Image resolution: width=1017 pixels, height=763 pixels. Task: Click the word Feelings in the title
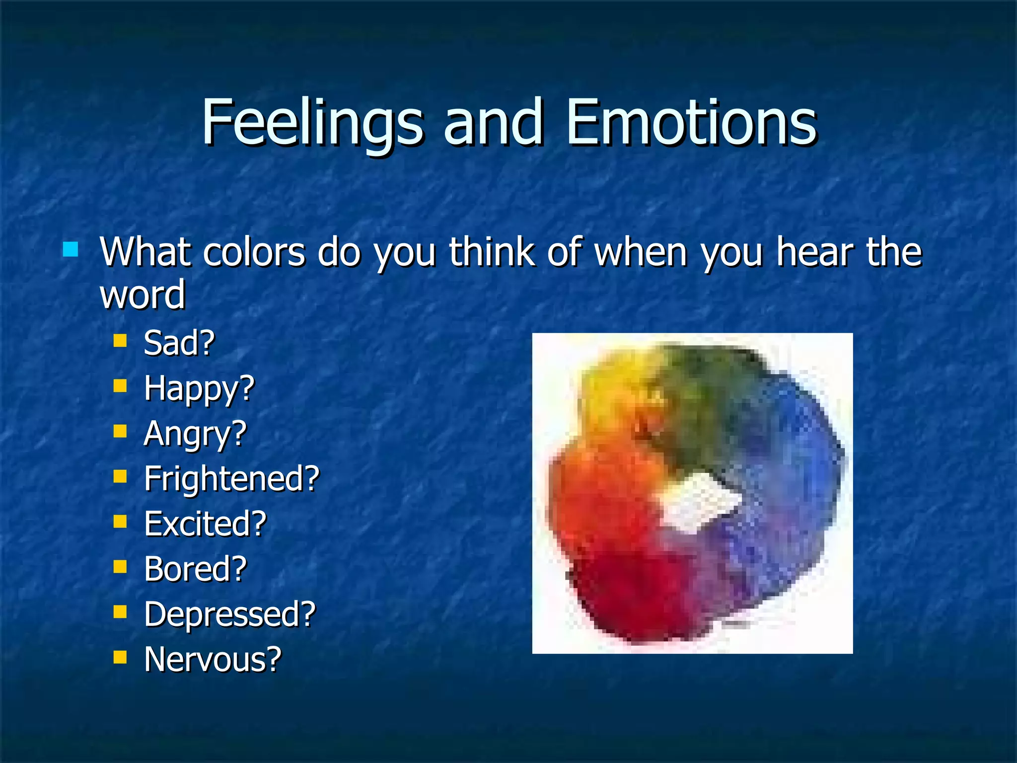312,123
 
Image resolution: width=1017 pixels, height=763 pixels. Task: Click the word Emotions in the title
691,123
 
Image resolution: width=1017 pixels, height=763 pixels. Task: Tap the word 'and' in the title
493,123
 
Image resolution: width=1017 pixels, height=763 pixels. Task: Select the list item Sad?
179,343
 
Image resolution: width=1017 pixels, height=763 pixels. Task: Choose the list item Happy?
199,388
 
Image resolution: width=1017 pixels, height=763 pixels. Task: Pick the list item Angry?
195,434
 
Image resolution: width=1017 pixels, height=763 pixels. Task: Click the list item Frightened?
231,479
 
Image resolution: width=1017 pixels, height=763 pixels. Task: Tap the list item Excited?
205,524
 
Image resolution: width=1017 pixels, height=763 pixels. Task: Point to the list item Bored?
195,569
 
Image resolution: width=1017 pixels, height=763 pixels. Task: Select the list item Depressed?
230,614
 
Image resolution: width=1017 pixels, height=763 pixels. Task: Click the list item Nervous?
213,660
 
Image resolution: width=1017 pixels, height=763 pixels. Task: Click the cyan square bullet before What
71,249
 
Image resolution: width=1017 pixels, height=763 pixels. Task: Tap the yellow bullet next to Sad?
120,341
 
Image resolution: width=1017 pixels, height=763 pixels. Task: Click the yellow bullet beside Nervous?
120,658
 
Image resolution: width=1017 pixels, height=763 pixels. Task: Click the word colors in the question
254,252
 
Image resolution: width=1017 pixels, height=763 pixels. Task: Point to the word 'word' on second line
143,295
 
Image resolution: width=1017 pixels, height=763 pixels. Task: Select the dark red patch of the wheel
631,596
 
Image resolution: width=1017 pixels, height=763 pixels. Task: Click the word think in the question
492,252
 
